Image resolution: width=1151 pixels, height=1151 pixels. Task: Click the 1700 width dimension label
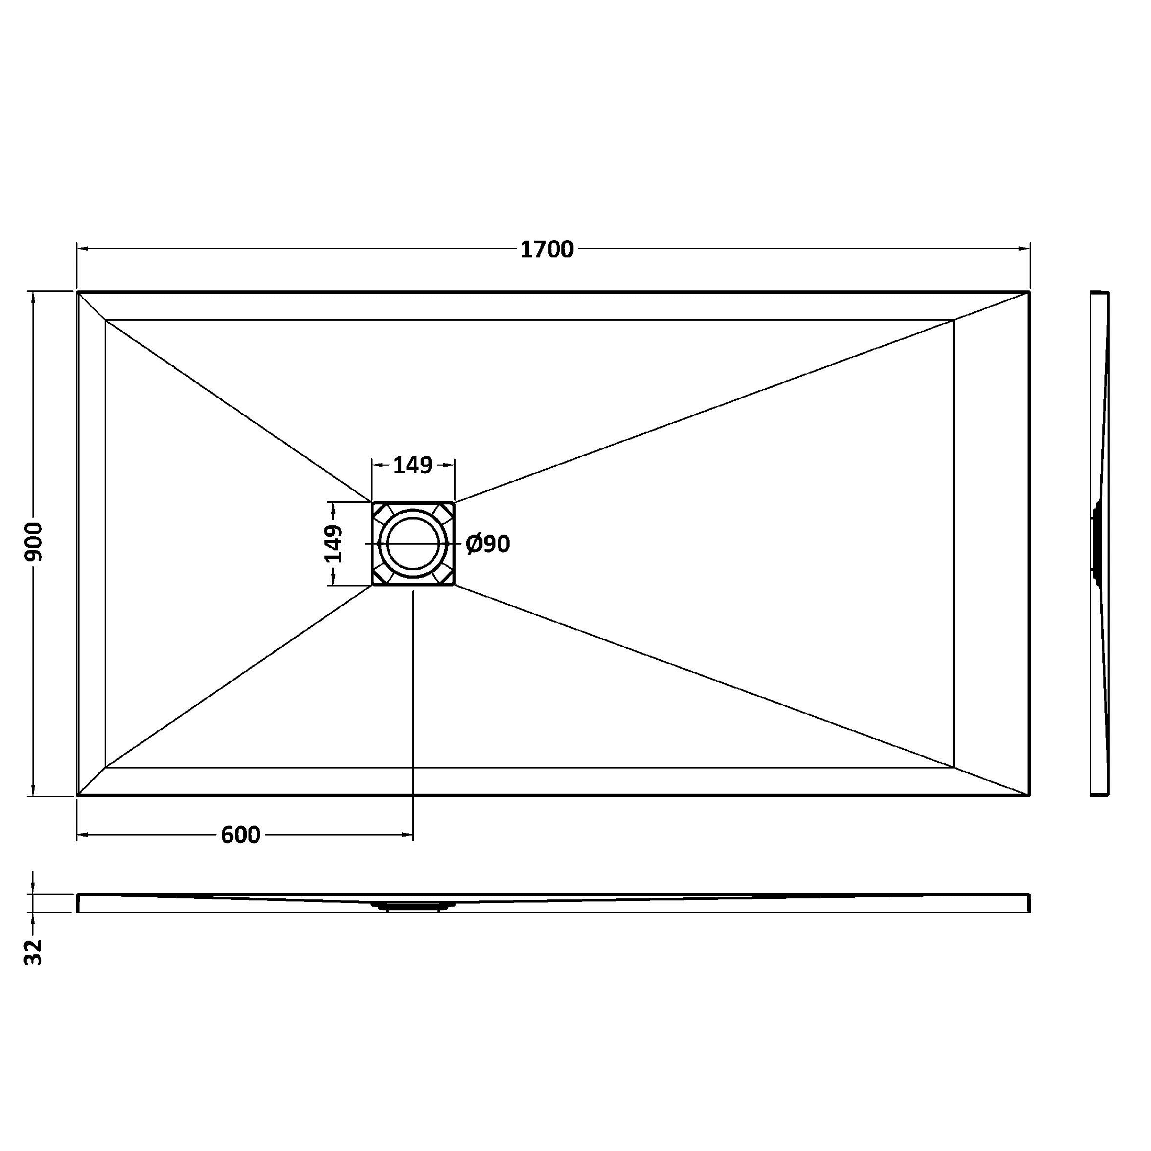(x=547, y=249)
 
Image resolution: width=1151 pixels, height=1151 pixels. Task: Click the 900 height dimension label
(x=34, y=541)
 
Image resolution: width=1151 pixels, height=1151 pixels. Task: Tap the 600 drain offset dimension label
(x=241, y=834)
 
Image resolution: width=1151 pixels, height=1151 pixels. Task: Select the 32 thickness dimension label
(x=34, y=952)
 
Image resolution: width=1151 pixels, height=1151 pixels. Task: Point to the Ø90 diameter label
(x=489, y=544)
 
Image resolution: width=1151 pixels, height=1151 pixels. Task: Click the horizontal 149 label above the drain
(x=413, y=465)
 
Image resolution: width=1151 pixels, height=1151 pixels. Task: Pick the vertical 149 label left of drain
(x=334, y=544)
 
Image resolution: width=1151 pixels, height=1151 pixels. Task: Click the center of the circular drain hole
(x=413, y=544)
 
